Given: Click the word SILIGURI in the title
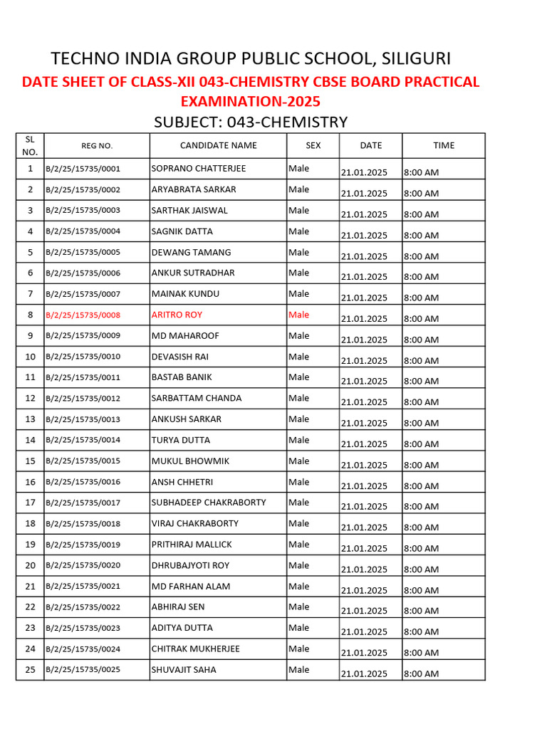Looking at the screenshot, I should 416,58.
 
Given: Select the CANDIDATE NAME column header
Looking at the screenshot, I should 218,145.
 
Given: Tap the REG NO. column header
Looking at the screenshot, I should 97,146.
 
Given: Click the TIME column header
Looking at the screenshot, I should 443,145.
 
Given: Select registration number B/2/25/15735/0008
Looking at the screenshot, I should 83,315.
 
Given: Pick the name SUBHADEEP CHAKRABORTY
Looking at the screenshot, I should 209,503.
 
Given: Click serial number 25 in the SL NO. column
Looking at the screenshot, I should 30,670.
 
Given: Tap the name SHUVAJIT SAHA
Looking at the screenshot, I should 184,670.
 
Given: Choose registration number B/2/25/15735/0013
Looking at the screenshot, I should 83,419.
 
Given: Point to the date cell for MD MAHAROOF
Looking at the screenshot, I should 364,340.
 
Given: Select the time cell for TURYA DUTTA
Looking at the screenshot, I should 421,444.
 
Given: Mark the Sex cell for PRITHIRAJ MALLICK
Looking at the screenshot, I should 299,545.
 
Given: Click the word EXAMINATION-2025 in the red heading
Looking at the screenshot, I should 250,102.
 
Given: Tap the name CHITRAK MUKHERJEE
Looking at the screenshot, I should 195,649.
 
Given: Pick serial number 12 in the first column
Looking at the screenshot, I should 30,398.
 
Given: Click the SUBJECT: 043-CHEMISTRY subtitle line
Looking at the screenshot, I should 251,122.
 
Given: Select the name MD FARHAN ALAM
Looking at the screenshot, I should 190,587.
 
